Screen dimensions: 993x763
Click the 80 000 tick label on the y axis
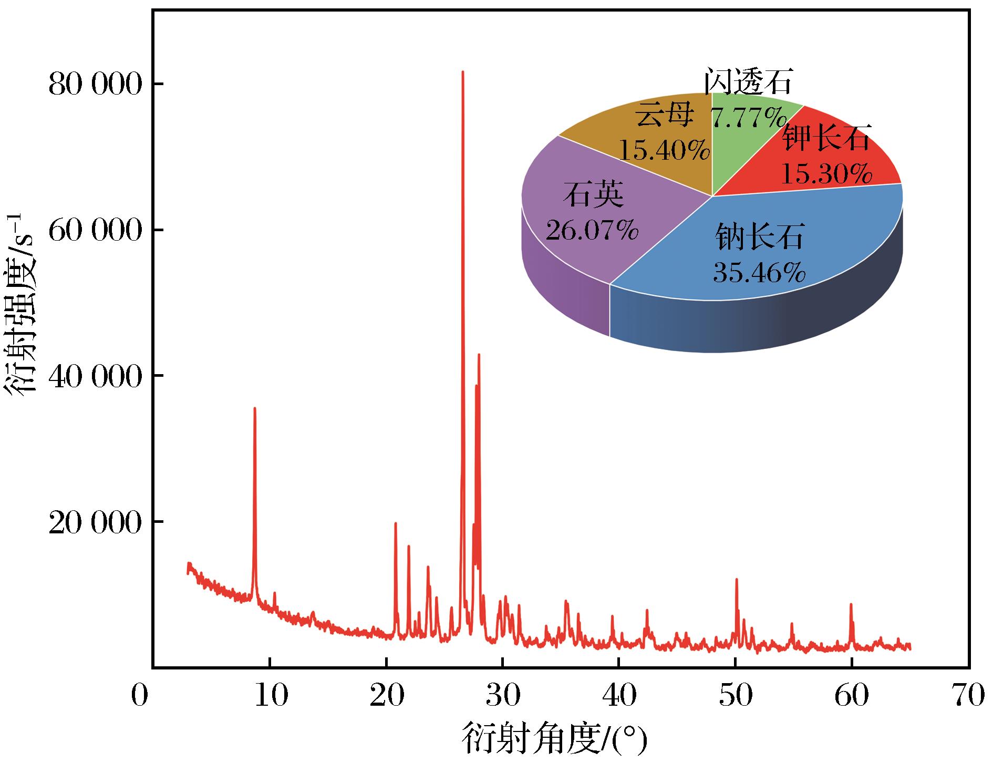click(95, 85)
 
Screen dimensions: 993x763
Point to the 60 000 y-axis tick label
click(95, 230)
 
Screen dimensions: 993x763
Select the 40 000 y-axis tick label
click(95, 376)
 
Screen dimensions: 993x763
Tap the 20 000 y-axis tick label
click(95, 522)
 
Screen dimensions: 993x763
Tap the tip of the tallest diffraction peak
click(463, 71)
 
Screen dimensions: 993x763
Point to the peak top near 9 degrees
click(255, 408)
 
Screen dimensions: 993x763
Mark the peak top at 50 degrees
click(737, 579)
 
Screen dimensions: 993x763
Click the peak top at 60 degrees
click(851, 604)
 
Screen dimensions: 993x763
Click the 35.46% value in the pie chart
click(759, 272)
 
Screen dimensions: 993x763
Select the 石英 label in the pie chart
click(594, 195)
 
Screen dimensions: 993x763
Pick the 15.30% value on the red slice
click(826, 173)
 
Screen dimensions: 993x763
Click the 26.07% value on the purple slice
click(592, 229)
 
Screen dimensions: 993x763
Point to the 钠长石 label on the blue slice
click(760, 237)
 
